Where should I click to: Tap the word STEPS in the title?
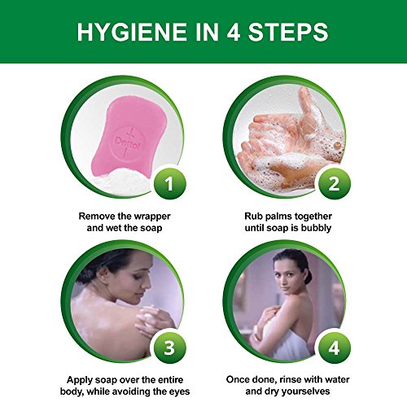click(x=288, y=32)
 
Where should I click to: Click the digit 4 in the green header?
click(x=233, y=32)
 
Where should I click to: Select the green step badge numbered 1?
click(x=169, y=183)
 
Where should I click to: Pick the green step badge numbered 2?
click(x=335, y=183)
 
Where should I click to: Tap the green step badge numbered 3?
click(x=169, y=348)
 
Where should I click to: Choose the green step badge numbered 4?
click(x=335, y=348)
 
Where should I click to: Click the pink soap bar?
click(x=128, y=138)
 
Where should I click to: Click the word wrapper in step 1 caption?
click(x=152, y=217)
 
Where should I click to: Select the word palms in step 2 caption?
click(x=279, y=217)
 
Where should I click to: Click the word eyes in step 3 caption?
click(x=179, y=392)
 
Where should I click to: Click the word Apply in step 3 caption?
click(x=77, y=380)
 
